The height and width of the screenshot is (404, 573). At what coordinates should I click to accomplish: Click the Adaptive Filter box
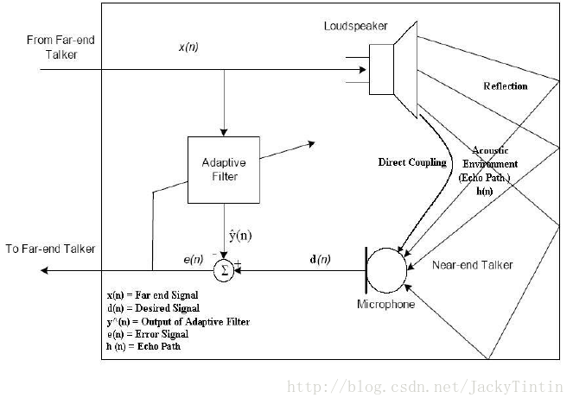[224, 169]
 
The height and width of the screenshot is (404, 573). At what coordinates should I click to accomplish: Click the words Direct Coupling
[412, 162]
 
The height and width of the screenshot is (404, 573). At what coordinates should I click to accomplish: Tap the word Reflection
[506, 86]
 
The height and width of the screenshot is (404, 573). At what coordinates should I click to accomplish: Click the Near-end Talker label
[472, 265]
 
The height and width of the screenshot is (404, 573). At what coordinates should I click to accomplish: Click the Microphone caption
[385, 305]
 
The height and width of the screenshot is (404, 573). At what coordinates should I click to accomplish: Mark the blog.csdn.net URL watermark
[424, 385]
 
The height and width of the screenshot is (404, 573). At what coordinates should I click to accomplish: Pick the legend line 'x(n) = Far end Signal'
[152, 295]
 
